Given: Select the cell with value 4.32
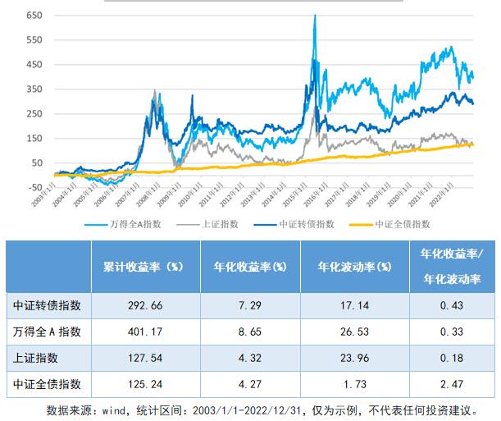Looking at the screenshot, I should point(248,358).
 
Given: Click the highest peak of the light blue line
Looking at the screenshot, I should point(315,16).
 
